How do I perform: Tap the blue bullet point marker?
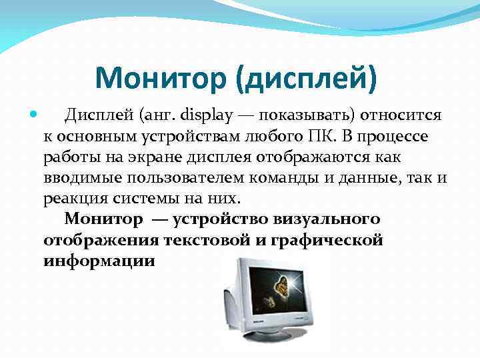[34, 115]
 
